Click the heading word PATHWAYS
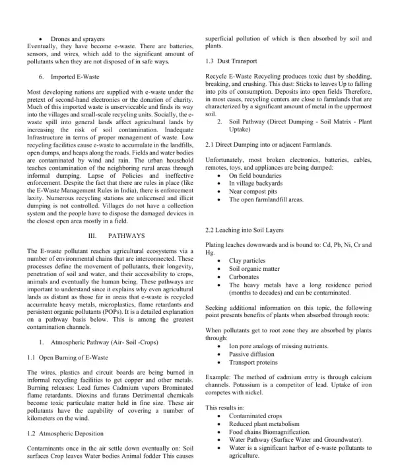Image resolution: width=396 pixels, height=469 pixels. click(123, 235)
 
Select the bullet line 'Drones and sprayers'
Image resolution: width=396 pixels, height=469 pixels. click(75, 39)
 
